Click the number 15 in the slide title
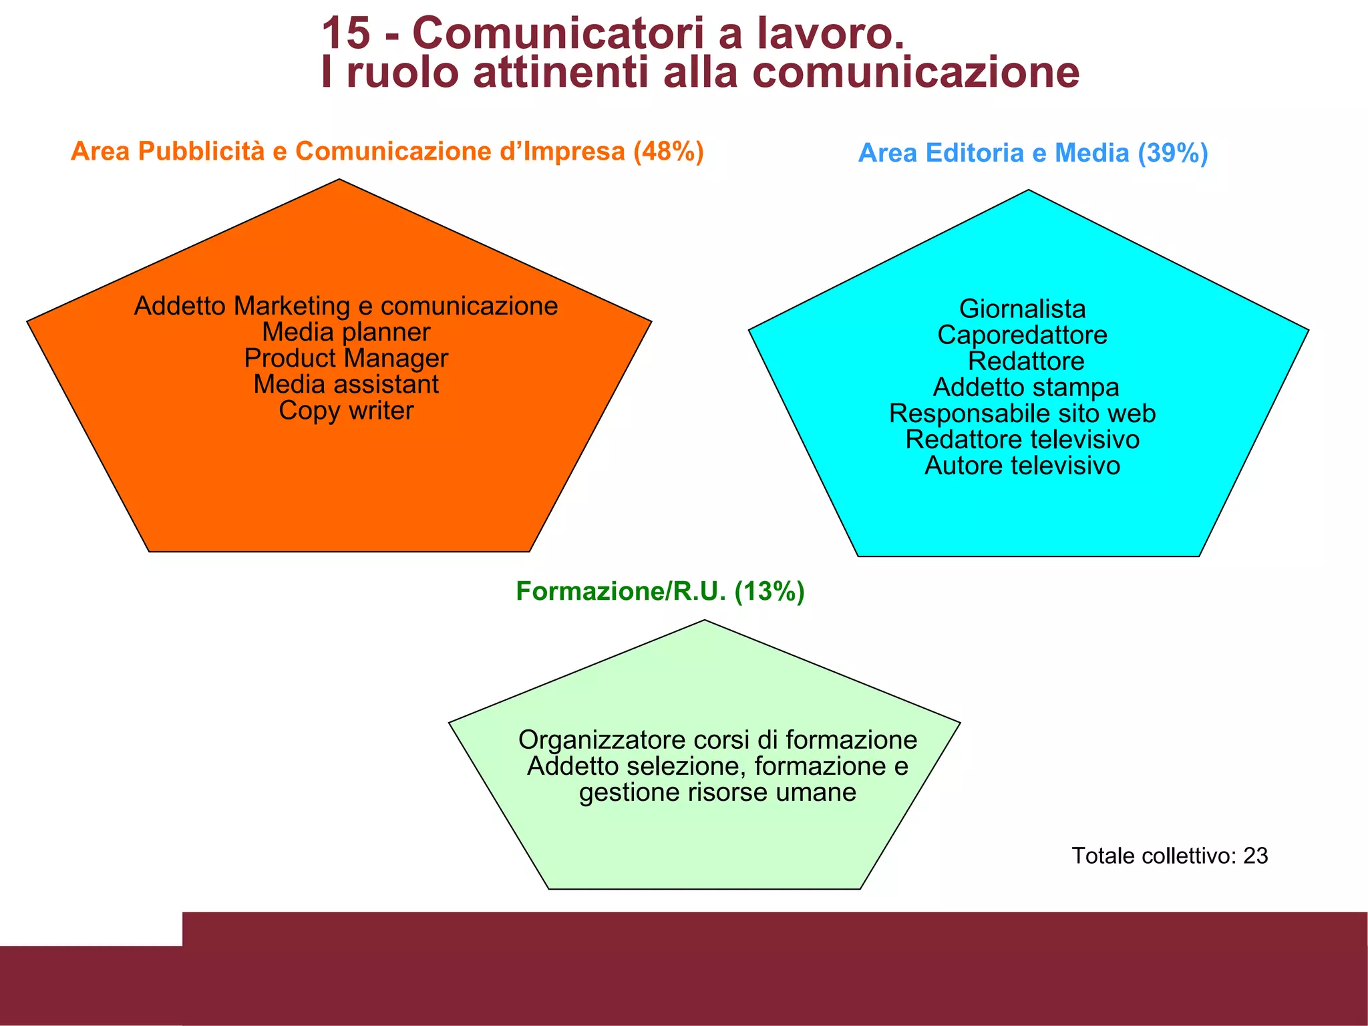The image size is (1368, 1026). [x=345, y=33]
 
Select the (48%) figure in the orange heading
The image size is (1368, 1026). [x=668, y=152]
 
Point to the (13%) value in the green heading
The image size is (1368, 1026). [x=769, y=592]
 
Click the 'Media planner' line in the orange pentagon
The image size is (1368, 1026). [x=346, y=332]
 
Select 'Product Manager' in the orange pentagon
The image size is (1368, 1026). [x=346, y=359]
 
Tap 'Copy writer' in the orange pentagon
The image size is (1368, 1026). [x=346, y=411]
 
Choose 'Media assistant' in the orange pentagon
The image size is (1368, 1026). [x=346, y=385]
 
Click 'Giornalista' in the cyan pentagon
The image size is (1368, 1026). [x=1022, y=309]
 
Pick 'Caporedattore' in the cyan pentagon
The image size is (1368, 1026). [x=1022, y=335]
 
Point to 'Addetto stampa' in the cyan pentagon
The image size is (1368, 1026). [x=1026, y=387]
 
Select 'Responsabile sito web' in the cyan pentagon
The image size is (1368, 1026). [x=1022, y=413]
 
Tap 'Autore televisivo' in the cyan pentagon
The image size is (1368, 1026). [x=1022, y=466]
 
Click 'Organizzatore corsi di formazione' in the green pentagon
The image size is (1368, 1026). [x=717, y=740]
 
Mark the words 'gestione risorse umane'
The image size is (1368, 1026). [x=717, y=793]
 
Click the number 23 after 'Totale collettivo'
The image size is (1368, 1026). [x=1255, y=856]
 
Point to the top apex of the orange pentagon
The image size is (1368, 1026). [x=339, y=180]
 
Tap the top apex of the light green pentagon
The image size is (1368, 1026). [x=705, y=621]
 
